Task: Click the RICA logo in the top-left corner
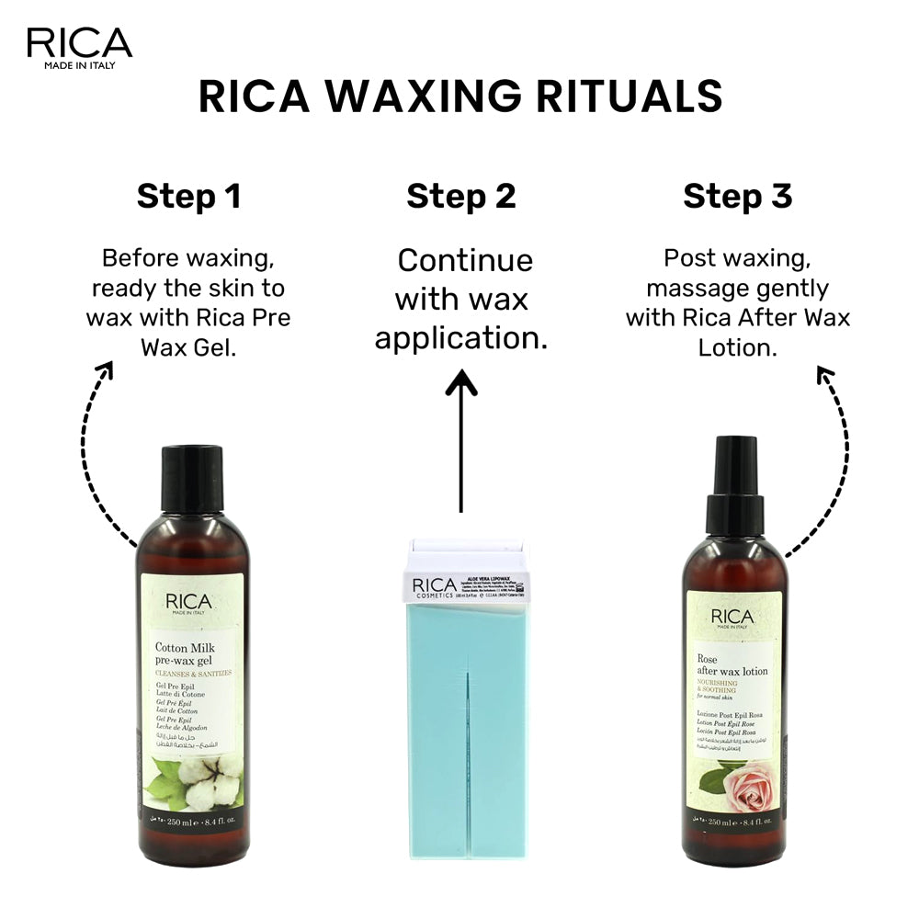coord(79,46)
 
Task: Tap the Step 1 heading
coord(188,197)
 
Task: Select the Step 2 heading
coord(461,197)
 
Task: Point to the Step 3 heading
coord(738,197)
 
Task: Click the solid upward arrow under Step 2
coord(460,441)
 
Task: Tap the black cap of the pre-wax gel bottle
coord(192,481)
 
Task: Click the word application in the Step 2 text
coord(460,339)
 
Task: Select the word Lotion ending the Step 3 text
coord(738,347)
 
